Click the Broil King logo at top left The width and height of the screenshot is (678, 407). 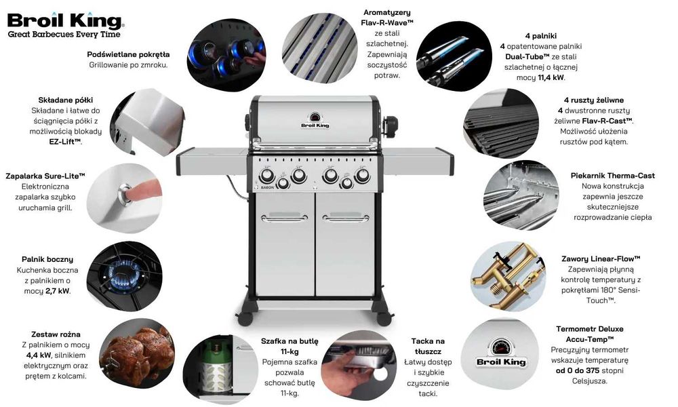[65, 20]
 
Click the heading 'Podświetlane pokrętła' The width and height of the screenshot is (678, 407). [128, 54]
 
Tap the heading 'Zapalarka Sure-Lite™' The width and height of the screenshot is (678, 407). [45, 176]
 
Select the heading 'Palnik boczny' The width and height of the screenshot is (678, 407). [47, 260]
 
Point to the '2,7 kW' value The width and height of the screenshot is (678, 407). [57, 291]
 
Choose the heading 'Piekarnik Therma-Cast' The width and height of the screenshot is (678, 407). [613, 176]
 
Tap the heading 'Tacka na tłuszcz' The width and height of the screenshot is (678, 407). [428, 347]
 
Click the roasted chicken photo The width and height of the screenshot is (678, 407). [137, 353]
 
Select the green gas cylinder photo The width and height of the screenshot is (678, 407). [220, 368]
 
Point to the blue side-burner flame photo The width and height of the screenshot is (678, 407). [125, 276]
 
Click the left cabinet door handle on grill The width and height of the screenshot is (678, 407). [285, 218]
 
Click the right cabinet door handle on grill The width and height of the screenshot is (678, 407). [346, 218]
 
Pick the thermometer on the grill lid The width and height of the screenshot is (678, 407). [315, 117]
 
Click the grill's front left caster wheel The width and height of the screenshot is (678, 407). [245, 319]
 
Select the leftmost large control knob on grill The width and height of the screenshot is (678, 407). [266, 176]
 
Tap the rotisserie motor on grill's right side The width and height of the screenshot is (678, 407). [391, 126]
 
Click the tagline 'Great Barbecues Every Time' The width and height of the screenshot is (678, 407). [64, 35]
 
